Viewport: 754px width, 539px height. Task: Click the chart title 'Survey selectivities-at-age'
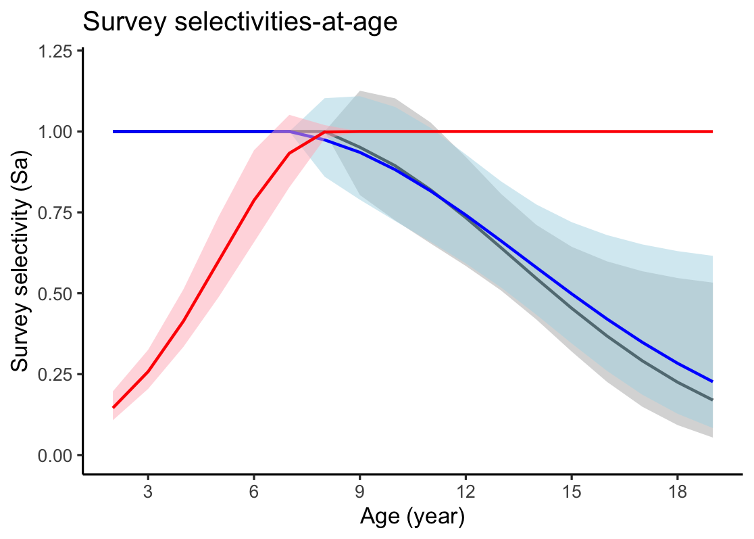click(239, 22)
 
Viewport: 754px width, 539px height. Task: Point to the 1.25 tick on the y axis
click(58, 51)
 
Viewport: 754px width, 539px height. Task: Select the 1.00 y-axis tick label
click(58, 131)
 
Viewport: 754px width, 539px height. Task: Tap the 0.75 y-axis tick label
click(58, 212)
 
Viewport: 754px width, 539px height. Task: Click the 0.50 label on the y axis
click(58, 294)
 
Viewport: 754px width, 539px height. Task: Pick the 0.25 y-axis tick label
click(58, 374)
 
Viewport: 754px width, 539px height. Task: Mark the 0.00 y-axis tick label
click(58, 455)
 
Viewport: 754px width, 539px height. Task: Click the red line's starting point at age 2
click(113, 408)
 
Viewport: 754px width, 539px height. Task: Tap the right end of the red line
click(713, 131)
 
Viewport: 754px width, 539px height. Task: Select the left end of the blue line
click(113, 131)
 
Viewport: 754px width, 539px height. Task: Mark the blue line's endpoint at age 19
click(713, 381)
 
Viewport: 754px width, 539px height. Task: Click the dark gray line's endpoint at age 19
click(713, 400)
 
